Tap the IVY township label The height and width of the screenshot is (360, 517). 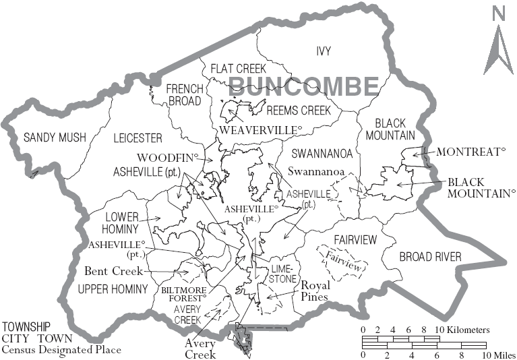click(325, 51)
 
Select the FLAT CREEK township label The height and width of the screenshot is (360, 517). click(238, 68)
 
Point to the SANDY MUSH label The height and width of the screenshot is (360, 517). click(55, 138)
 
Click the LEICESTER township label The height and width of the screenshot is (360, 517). click(138, 138)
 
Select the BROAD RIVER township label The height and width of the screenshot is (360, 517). click(430, 257)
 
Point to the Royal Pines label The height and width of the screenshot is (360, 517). click(314, 290)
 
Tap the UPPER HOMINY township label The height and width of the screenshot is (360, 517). click(112, 289)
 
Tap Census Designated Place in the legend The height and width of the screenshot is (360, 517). click(61, 349)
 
